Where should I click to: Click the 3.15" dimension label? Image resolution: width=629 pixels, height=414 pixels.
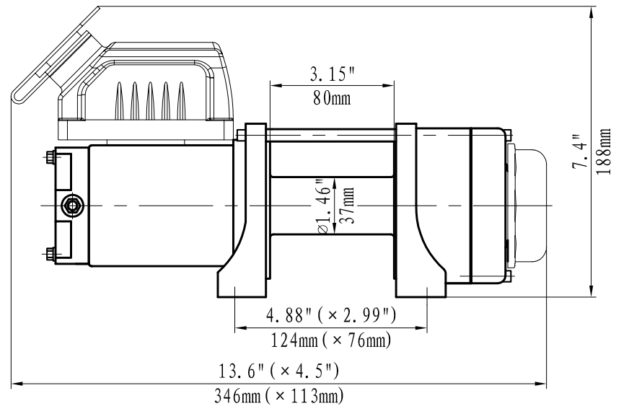click(x=333, y=74)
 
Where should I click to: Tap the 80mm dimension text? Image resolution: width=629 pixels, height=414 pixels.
click(x=332, y=98)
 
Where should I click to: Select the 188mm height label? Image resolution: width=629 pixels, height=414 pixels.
click(x=604, y=151)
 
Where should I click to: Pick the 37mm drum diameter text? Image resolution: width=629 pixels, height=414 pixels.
click(x=348, y=206)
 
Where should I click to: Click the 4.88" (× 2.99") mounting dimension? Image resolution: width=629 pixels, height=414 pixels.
click(x=331, y=315)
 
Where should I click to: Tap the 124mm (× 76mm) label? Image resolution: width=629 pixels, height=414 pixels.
click(x=331, y=340)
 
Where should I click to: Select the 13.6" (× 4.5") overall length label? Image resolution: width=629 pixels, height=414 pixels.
click(x=278, y=371)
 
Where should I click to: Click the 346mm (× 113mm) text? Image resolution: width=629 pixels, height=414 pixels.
click(x=279, y=397)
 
